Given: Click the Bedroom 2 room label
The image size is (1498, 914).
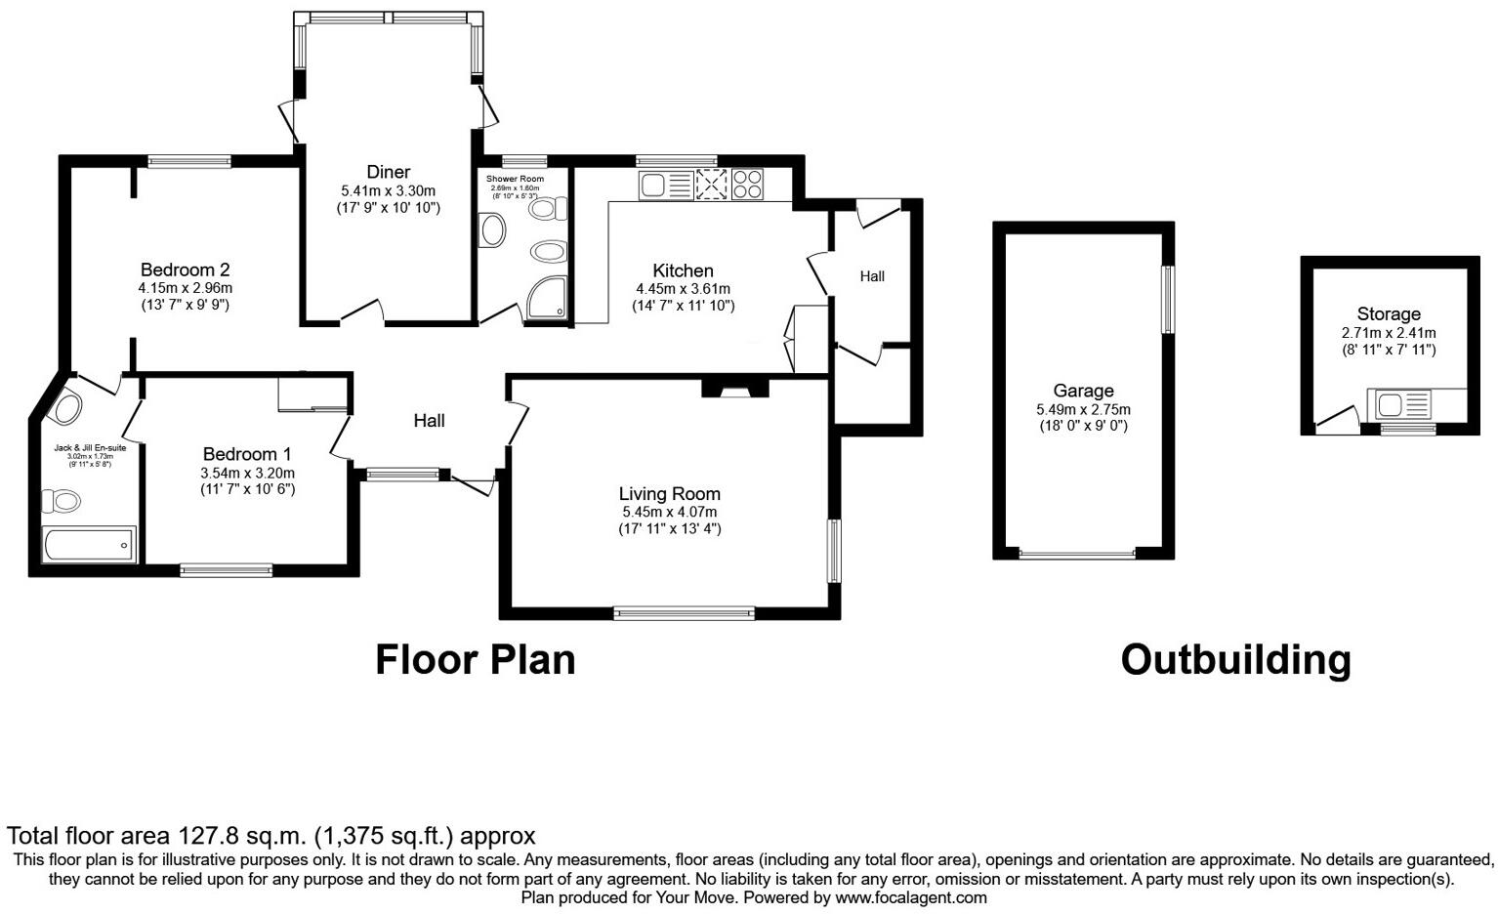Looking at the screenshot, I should (x=185, y=270).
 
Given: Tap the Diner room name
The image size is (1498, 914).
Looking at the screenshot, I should (x=388, y=172).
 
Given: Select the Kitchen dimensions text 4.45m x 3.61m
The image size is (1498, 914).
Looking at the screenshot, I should (x=683, y=289).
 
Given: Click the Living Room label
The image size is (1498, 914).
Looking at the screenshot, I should (x=669, y=494).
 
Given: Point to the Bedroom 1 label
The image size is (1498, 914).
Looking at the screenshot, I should (x=247, y=454).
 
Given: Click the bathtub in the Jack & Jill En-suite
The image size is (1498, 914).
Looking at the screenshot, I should (x=89, y=544).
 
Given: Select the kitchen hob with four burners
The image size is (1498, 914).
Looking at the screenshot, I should (x=747, y=185).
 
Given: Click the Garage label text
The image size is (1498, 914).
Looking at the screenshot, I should (x=1083, y=391).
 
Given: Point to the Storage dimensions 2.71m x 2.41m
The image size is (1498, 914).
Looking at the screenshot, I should (x=1388, y=333).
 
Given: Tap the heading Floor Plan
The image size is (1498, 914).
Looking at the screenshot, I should (x=476, y=660).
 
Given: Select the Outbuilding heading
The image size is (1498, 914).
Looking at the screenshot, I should (x=1235, y=660).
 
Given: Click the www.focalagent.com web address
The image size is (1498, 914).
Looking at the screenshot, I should (x=911, y=897).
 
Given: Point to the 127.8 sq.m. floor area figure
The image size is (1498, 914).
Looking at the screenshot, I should (x=242, y=836).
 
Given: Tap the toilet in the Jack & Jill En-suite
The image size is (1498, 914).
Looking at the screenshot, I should (x=61, y=502).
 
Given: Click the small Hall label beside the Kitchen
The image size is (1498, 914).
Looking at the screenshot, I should (x=872, y=276).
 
